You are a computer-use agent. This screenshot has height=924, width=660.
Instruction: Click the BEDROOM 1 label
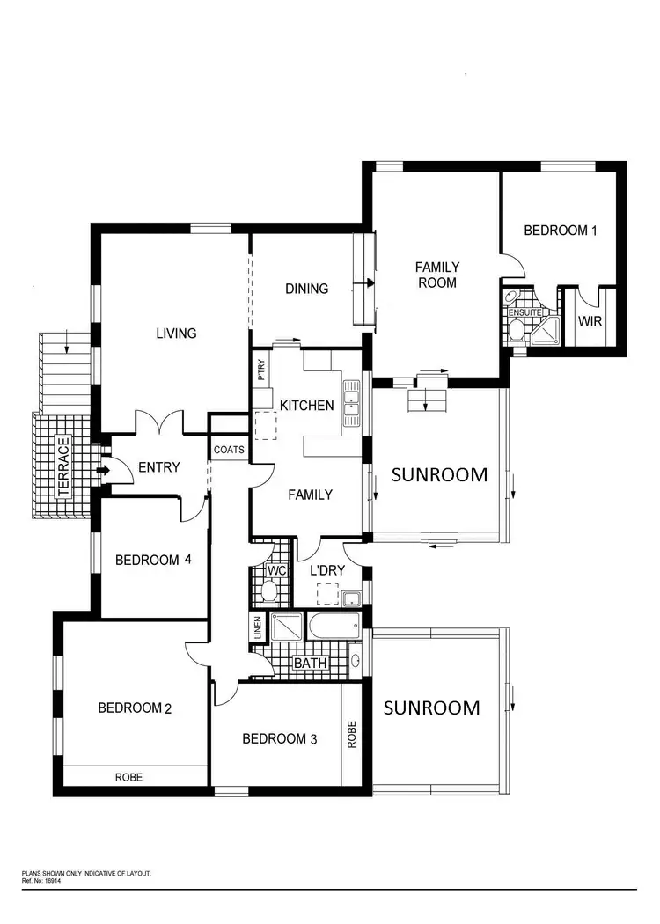click(561, 231)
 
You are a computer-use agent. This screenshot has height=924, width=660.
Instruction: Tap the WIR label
click(590, 321)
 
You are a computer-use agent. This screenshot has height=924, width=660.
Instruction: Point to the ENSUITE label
click(524, 312)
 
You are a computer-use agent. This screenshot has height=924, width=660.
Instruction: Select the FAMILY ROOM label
click(437, 275)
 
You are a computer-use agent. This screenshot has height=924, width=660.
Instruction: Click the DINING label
click(306, 289)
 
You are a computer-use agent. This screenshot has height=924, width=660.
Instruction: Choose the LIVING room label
click(176, 334)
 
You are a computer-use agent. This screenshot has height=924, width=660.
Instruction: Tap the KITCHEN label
click(306, 406)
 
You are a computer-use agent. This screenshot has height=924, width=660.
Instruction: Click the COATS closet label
click(229, 450)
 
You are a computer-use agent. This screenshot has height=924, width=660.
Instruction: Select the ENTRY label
click(159, 467)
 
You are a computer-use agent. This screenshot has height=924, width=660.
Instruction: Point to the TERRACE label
click(63, 466)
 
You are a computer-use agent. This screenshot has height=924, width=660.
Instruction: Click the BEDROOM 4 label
click(153, 559)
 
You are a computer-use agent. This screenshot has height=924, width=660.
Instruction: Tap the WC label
click(277, 570)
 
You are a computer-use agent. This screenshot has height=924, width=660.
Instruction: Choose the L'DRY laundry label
click(327, 570)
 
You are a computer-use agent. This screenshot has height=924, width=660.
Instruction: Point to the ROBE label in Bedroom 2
click(128, 778)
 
